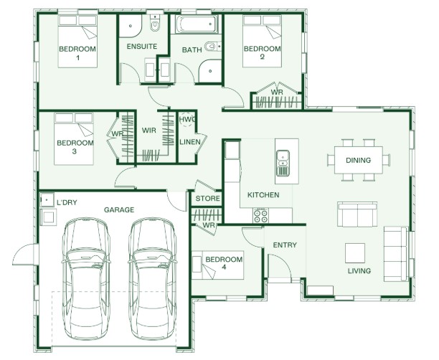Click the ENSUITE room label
coord(141,46)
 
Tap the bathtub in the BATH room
coord(197,24)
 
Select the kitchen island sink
coord(283,163)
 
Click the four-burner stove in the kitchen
coord(260,216)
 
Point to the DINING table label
coord(358,160)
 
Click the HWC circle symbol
coord(187,119)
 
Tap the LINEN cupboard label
coord(190,142)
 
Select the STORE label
coord(207,199)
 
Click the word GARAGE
coord(119,209)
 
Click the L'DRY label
coord(67,202)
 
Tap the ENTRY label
coord(285,245)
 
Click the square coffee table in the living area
coord(355,252)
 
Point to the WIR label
coord(148,131)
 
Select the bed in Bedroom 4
coord(217,265)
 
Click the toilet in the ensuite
coord(155,23)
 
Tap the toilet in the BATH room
coord(213,46)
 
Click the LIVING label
coord(359,270)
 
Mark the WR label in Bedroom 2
coord(277,92)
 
